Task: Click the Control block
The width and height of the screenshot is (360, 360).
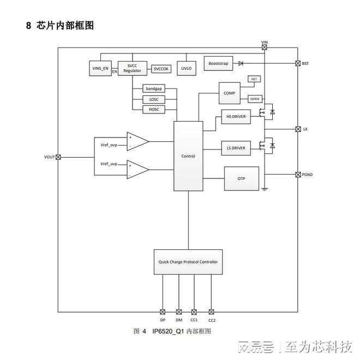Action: [188, 156]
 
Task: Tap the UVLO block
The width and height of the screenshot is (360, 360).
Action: [187, 69]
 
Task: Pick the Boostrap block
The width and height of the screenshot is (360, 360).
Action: [217, 64]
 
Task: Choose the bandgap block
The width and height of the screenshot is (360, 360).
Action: [153, 88]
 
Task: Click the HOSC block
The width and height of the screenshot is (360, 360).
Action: [153, 109]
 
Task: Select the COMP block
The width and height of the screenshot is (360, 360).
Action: [229, 93]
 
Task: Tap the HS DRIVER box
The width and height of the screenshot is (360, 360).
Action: [236, 117]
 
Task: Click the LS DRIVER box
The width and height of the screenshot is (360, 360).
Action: [236, 148]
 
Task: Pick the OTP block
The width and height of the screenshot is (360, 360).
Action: [241, 178]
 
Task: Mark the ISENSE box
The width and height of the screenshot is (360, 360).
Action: [254, 99]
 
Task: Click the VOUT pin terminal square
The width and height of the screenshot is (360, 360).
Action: [58, 157]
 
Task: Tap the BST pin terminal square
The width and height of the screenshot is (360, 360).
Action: [298, 64]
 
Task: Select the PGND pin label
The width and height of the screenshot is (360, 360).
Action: [307, 175]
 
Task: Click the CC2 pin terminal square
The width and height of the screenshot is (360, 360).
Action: [211, 312]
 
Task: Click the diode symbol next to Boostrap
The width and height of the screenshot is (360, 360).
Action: [241, 64]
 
